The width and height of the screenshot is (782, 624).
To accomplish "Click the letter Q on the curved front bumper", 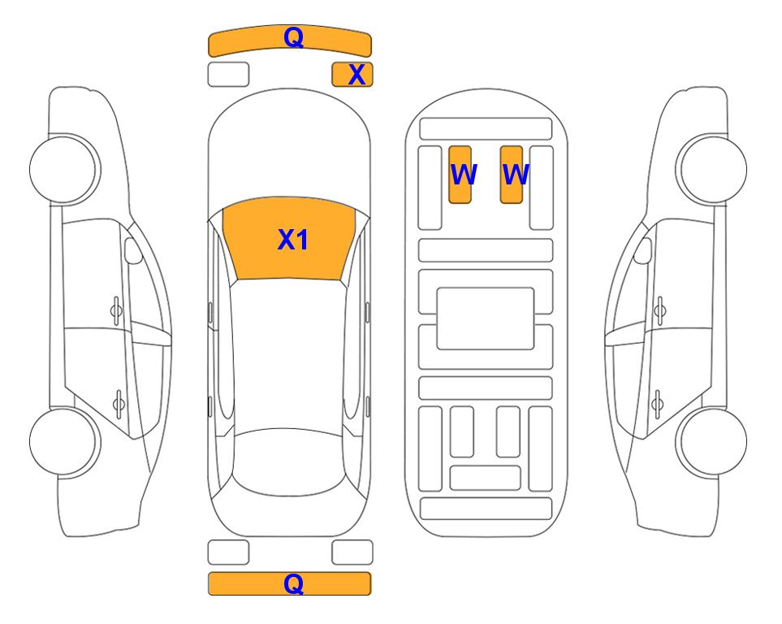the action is [x=293, y=37].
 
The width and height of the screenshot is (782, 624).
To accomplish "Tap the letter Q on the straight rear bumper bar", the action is [x=293, y=583].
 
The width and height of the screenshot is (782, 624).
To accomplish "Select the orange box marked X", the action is [x=352, y=75].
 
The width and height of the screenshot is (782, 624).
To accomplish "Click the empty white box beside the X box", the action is [x=228, y=75].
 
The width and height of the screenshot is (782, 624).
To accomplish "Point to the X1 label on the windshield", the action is [x=293, y=240].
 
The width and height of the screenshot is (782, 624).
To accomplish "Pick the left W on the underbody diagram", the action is [x=464, y=174].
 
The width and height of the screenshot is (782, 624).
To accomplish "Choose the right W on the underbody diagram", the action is [x=515, y=174].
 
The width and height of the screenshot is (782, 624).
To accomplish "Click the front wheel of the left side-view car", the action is [x=63, y=169].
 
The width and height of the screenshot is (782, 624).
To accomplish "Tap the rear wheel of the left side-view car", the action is [x=63, y=442].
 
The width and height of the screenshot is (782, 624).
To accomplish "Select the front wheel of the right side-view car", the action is [x=713, y=169].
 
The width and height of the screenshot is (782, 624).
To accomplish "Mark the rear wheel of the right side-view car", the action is [x=713, y=442].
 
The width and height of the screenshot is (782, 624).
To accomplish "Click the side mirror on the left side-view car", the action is [x=133, y=251].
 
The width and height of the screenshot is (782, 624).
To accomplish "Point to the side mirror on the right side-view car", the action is [x=643, y=251].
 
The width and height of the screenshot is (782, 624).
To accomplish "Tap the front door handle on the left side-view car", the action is [x=116, y=311].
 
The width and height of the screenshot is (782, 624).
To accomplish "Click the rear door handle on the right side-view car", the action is [x=658, y=404].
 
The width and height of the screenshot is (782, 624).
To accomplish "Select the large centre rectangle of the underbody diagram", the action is [x=486, y=318].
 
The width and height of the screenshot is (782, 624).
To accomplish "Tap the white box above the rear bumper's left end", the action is [x=228, y=552].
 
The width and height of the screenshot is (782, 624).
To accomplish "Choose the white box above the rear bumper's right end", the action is [x=352, y=552].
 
